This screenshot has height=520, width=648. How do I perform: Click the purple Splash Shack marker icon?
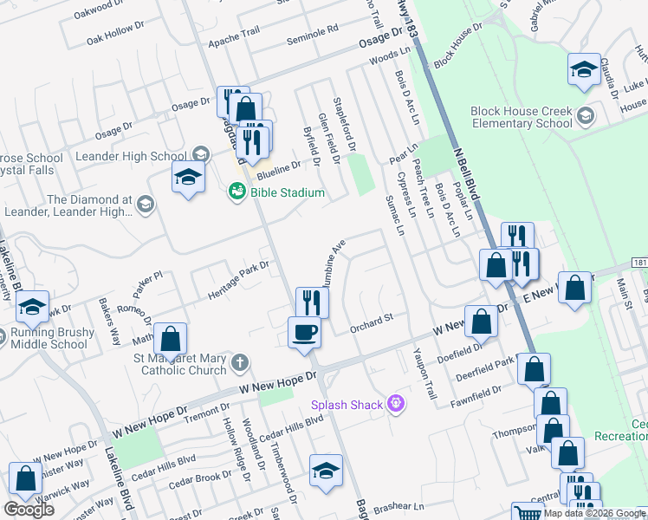pyautogui.click(x=397, y=404)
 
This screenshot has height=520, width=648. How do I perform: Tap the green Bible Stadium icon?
pyautogui.click(x=236, y=192)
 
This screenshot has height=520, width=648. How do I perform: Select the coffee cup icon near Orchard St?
pyautogui.click(x=303, y=333)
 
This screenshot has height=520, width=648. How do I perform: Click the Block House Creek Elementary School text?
pyautogui.click(x=522, y=117)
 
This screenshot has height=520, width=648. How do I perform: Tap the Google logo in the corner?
pyautogui.click(x=29, y=509)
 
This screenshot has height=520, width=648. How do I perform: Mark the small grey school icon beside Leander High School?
pyautogui.click(x=200, y=156)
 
